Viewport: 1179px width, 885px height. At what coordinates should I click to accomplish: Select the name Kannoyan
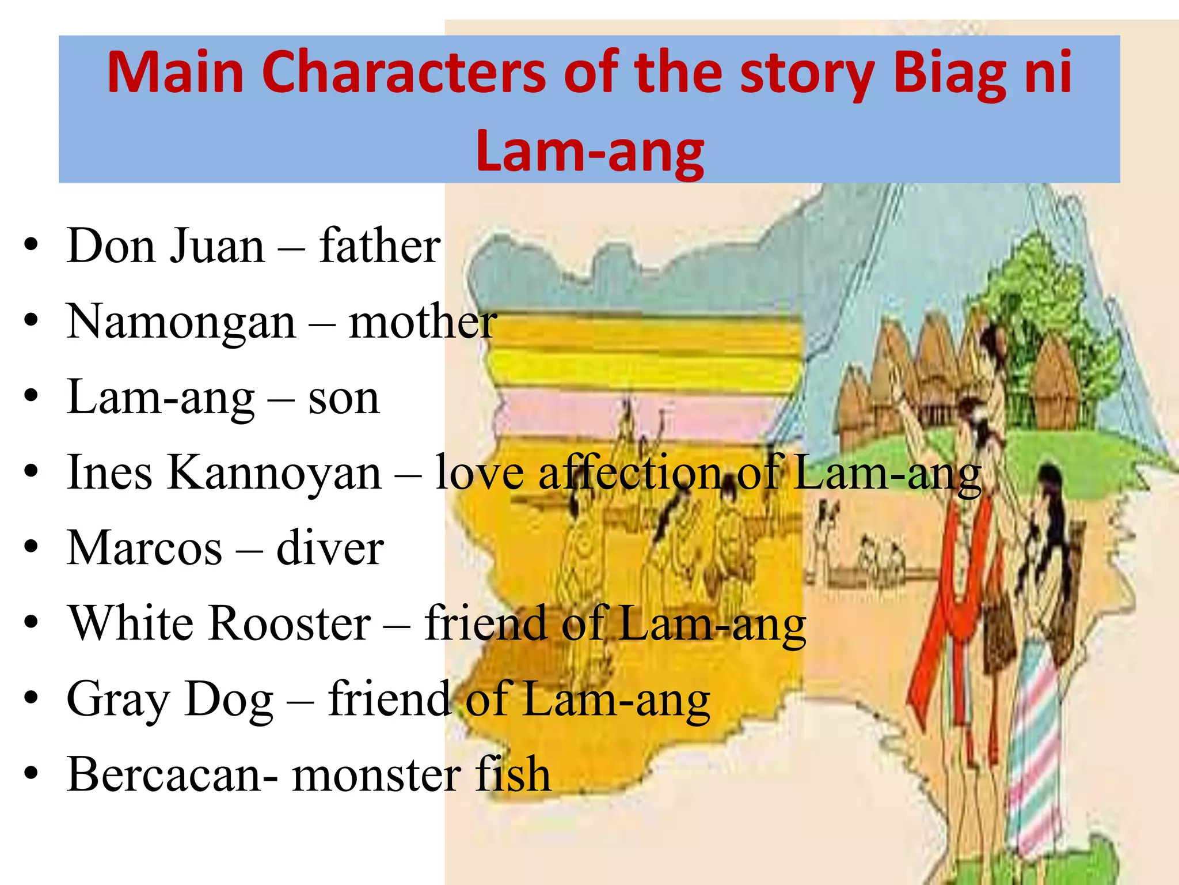click(275, 473)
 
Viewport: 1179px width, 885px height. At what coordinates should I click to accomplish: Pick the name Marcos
click(144, 548)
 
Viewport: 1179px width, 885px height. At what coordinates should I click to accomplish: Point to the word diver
click(330, 548)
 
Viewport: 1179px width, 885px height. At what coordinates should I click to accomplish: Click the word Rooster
click(290, 623)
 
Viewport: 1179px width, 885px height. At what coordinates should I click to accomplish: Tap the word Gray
click(117, 700)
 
